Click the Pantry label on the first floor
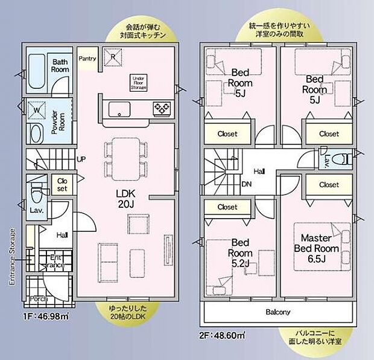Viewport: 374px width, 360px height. (87, 58)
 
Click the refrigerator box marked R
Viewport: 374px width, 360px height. (112, 56)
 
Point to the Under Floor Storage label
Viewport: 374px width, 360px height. (138, 83)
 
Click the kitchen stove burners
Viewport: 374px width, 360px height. (162, 109)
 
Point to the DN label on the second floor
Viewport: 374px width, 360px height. (246, 184)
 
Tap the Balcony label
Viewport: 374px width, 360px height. (278, 312)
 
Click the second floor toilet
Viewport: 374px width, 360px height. (346, 159)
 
